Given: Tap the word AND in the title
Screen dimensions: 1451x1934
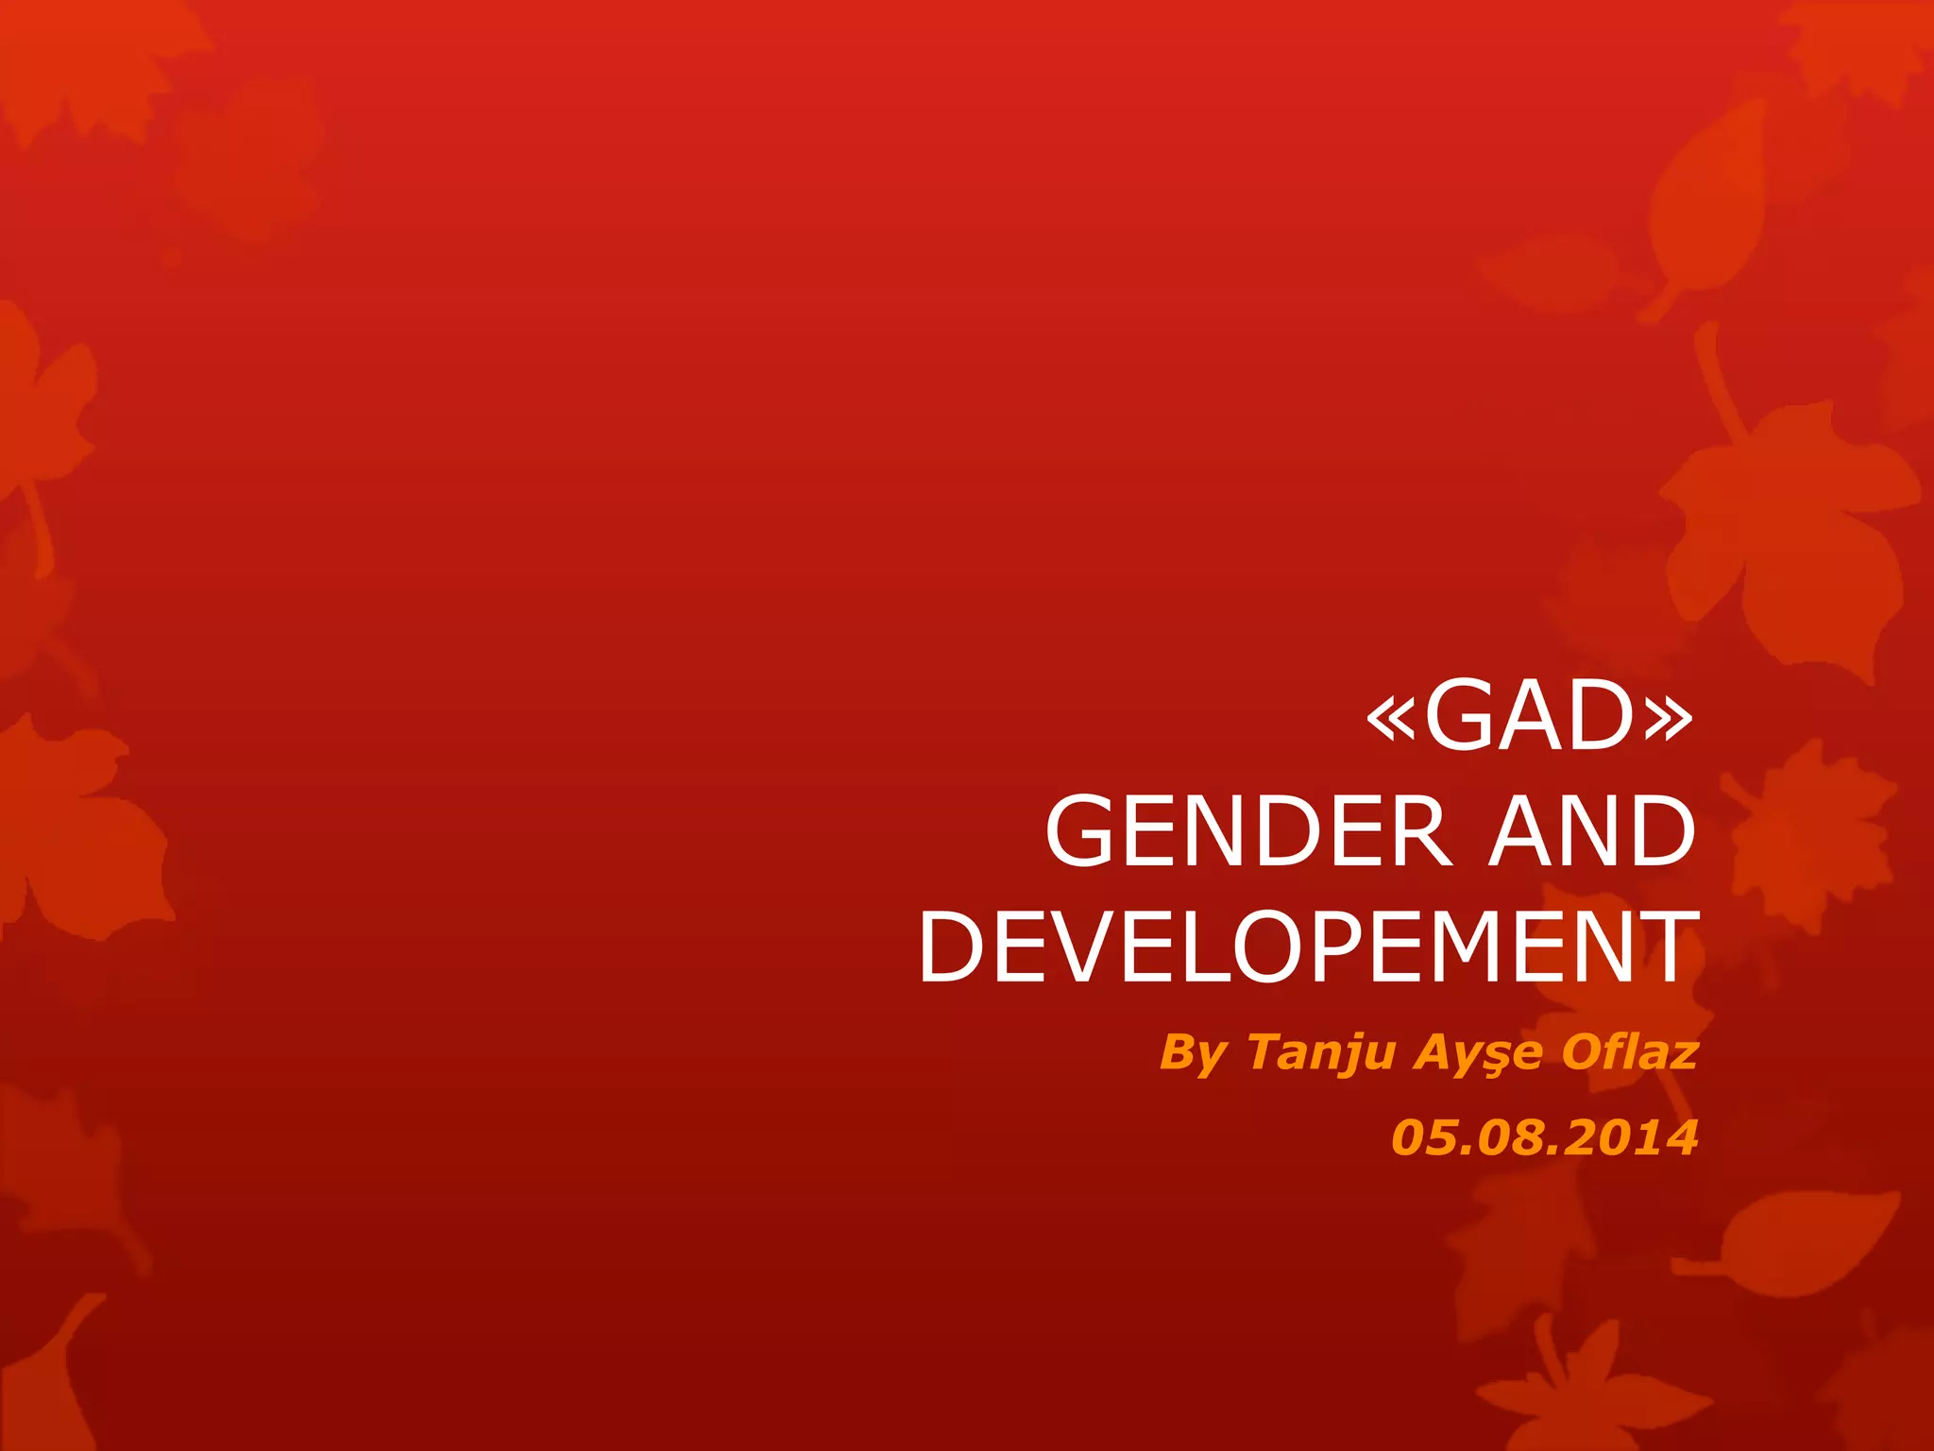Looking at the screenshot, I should pyautogui.click(x=1592, y=831).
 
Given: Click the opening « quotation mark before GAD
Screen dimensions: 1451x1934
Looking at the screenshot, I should pyautogui.click(x=1391, y=720).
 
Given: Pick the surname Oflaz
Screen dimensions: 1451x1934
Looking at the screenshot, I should pyautogui.click(x=1629, y=1051).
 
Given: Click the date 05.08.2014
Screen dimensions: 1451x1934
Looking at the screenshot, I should pyautogui.click(x=1545, y=1137).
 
